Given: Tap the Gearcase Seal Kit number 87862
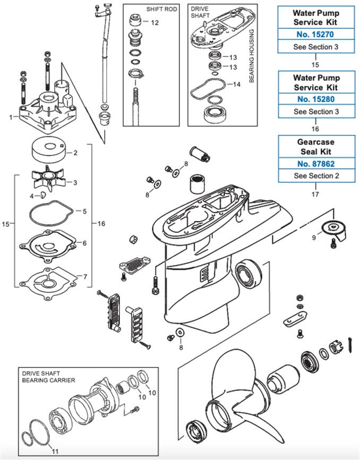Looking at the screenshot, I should [x=316, y=164].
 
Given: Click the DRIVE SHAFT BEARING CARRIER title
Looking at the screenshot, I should [x=48, y=377].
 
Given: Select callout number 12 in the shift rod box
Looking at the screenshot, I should [x=155, y=23].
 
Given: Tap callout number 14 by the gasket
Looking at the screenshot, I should [x=237, y=84].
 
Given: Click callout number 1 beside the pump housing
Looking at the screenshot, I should [x=11, y=117].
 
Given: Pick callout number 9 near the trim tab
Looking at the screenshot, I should [x=314, y=238].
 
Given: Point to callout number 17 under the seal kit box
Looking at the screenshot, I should [x=315, y=194].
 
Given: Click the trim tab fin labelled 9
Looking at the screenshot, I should [x=335, y=229].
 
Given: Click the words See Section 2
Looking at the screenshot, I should [x=316, y=175].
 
